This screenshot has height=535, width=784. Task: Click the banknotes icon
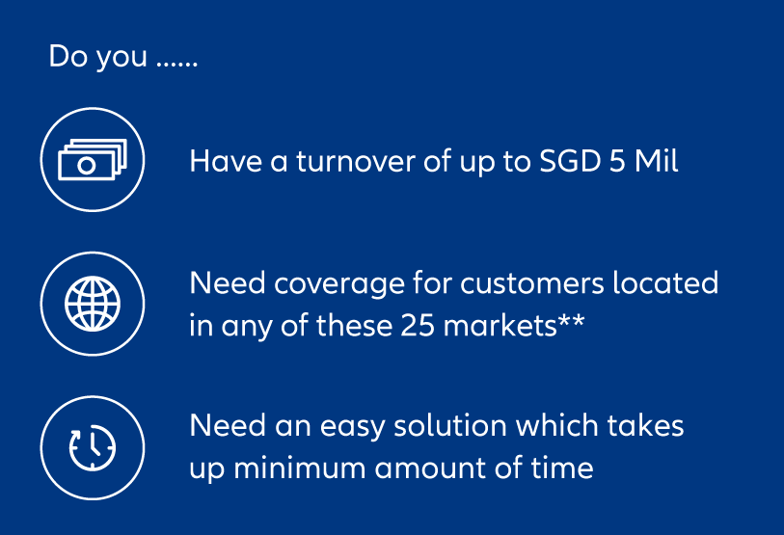(93, 159)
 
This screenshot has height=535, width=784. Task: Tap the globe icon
(93, 304)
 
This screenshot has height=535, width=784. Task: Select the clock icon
(93, 447)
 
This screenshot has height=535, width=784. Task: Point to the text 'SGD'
(570, 162)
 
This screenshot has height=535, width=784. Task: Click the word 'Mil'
(656, 161)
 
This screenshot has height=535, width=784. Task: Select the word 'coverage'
(339, 284)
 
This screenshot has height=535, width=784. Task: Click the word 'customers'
(532, 283)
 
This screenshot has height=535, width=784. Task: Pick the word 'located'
(665, 282)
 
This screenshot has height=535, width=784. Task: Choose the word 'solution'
(450, 426)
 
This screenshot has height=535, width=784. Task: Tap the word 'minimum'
(300, 468)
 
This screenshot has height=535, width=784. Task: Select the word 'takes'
(645, 426)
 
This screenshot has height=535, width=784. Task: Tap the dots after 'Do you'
(177, 65)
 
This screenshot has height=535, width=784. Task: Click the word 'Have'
(226, 162)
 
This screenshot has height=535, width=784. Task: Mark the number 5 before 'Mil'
(617, 162)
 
